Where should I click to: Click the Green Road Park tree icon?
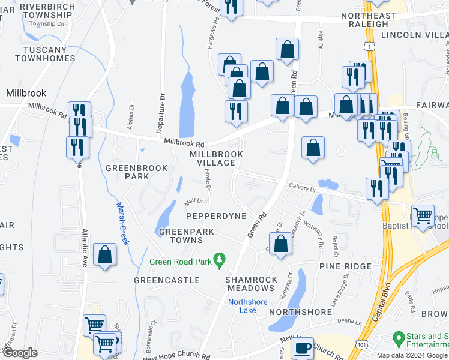[220, 258]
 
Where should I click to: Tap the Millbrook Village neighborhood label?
[216, 158]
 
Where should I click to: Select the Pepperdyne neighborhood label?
[216, 215]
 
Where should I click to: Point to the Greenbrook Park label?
[136, 172]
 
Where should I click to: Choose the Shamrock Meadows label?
[251, 284]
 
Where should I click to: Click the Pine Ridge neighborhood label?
[346, 266]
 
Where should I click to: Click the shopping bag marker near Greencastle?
[105, 254]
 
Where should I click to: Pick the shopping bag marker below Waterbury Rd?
[280, 244]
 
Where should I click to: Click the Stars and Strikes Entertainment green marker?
[397, 339]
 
